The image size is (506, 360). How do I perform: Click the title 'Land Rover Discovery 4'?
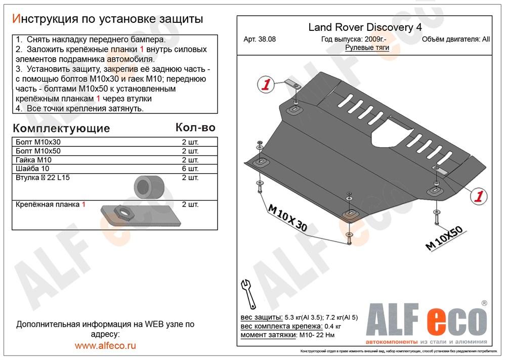pyautogui.click(x=364, y=28)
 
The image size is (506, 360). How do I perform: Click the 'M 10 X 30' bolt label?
pyautogui.click(x=287, y=218)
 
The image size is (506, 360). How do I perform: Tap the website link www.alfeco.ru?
pyautogui.click(x=105, y=346)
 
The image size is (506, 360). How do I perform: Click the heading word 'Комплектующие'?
pyautogui.click(x=61, y=127)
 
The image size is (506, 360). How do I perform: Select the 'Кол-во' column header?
pyautogui.click(x=195, y=127)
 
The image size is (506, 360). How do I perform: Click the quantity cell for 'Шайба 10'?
pyautogui.click(x=190, y=169)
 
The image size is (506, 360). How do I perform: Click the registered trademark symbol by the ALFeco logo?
pyautogui.click(x=484, y=303)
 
